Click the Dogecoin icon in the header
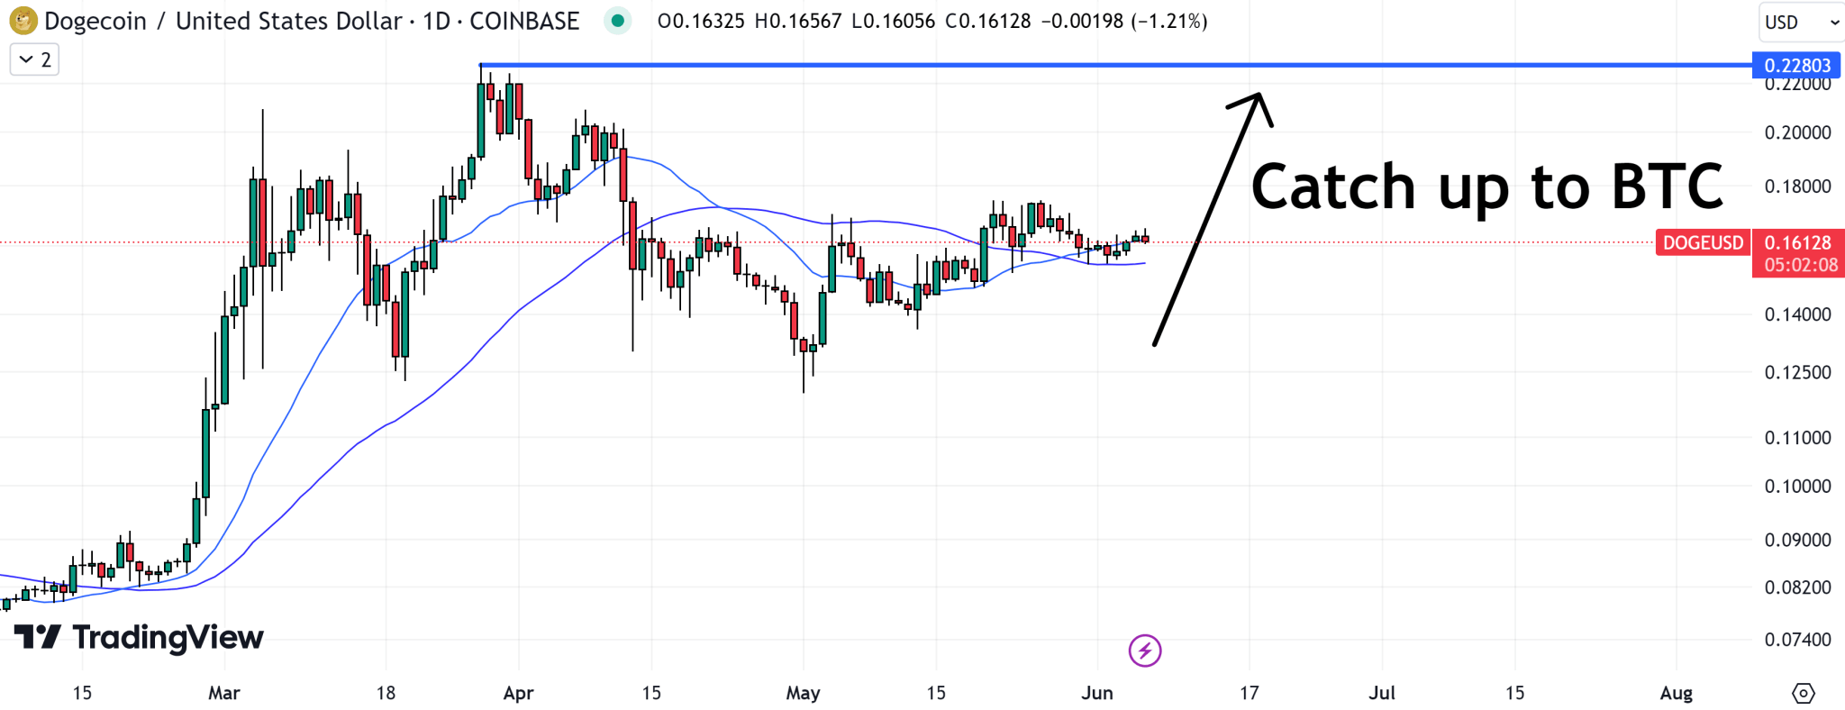click(x=23, y=20)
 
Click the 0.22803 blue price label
click(x=1796, y=65)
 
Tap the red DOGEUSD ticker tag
click(x=1703, y=242)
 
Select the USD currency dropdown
click(x=1800, y=23)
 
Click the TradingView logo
click(x=139, y=637)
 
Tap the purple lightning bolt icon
click(x=1145, y=650)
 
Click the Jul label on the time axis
click(x=1381, y=693)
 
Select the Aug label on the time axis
click(x=1676, y=693)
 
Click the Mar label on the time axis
click(x=223, y=693)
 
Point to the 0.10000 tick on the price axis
click(x=1797, y=487)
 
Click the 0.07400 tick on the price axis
click(x=1797, y=640)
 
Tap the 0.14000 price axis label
click(x=1797, y=314)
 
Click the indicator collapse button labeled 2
click(x=34, y=60)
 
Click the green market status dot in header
click(x=617, y=20)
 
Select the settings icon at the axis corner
click(x=1803, y=693)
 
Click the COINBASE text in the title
click(x=524, y=21)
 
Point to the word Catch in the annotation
click(x=1333, y=187)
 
